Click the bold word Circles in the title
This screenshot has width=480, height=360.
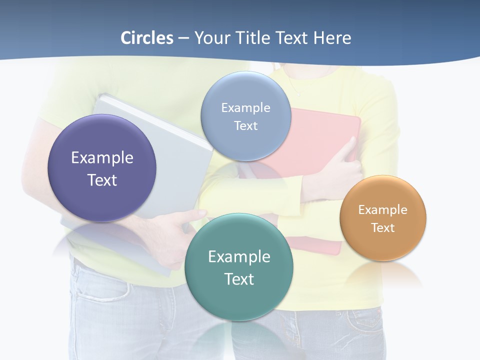point(146,38)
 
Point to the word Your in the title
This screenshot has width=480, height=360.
point(211,38)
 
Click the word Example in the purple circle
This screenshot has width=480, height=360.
point(102,157)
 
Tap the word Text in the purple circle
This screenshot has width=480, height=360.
point(102,180)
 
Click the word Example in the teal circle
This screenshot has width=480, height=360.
point(239,256)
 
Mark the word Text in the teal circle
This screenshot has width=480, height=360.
point(239,279)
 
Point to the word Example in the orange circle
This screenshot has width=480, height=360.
point(383,209)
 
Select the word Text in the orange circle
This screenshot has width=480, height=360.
point(383,227)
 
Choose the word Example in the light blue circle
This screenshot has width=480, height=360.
point(246,107)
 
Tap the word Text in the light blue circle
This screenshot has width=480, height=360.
point(246,125)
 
